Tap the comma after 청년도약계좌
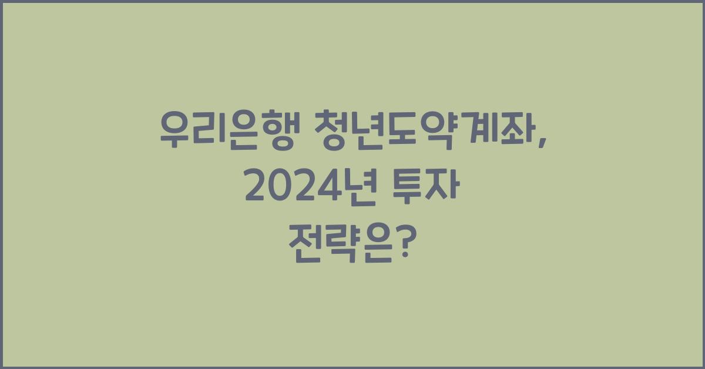539,140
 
